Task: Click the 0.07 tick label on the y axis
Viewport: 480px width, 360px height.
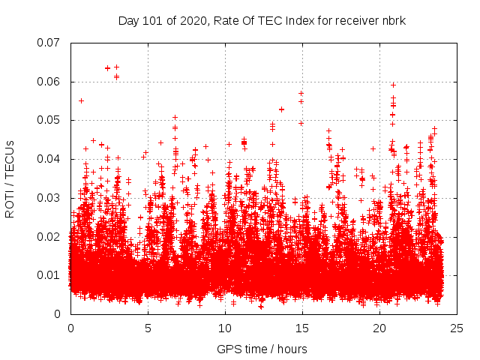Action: (x=49, y=43)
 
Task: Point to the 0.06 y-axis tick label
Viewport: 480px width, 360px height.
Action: (x=49, y=82)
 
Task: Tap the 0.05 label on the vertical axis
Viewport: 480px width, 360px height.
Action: (x=49, y=120)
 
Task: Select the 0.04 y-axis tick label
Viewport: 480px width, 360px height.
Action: (x=49, y=159)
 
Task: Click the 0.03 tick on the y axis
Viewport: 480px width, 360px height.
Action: (x=49, y=198)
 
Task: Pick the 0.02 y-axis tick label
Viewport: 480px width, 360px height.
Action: (x=49, y=237)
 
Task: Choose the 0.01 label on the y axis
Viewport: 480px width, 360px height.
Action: (x=49, y=275)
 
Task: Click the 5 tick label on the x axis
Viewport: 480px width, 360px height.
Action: (x=148, y=328)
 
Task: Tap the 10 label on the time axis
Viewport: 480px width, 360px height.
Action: (x=225, y=328)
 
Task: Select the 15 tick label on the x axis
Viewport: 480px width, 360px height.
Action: (x=302, y=328)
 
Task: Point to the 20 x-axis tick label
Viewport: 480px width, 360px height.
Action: (x=379, y=328)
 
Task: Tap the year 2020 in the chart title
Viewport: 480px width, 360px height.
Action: (x=191, y=20)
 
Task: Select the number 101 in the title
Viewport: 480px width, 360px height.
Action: (x=154, y=20)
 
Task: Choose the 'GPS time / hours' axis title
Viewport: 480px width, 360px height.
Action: (x=262, y=349)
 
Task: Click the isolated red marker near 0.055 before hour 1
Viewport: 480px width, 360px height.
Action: (x=81, y=100)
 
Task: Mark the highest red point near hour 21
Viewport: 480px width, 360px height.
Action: (x=393, y=85)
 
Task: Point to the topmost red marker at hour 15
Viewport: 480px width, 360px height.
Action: (x=301, y=94)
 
